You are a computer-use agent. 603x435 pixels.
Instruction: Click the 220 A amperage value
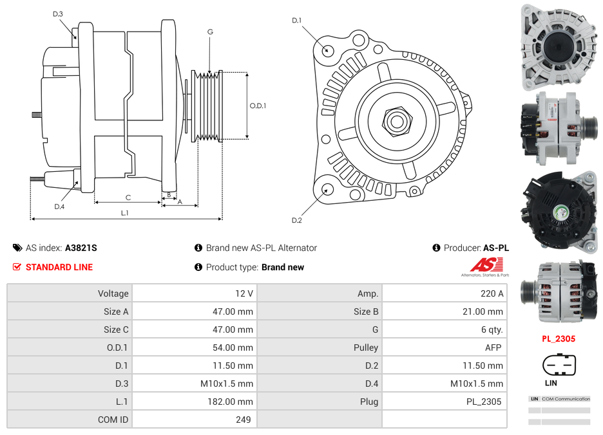coord(492,293)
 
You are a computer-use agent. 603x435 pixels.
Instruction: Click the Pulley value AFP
coord(493,347)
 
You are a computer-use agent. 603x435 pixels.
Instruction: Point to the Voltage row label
coord(113,293)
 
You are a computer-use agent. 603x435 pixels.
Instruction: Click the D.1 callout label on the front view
coord(296,21)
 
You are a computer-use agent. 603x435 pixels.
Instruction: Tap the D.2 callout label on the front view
coord(296,221)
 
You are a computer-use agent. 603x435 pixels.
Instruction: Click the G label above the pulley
coord(210,32)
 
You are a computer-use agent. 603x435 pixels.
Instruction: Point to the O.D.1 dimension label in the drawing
coord(258,106)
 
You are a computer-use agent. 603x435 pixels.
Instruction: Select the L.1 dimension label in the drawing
coord(125,213)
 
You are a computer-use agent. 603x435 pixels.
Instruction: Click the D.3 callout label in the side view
coord(58,14)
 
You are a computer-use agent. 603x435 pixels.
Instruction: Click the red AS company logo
coord(486,264)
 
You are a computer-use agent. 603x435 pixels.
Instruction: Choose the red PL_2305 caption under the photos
coord(558,338)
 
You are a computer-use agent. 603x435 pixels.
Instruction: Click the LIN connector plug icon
coord(558,366)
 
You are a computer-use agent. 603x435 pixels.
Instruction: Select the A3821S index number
coord(81,248)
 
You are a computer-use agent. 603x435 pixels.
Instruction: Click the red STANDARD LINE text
coord(59,267)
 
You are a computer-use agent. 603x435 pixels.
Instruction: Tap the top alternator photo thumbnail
coord(559,48)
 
